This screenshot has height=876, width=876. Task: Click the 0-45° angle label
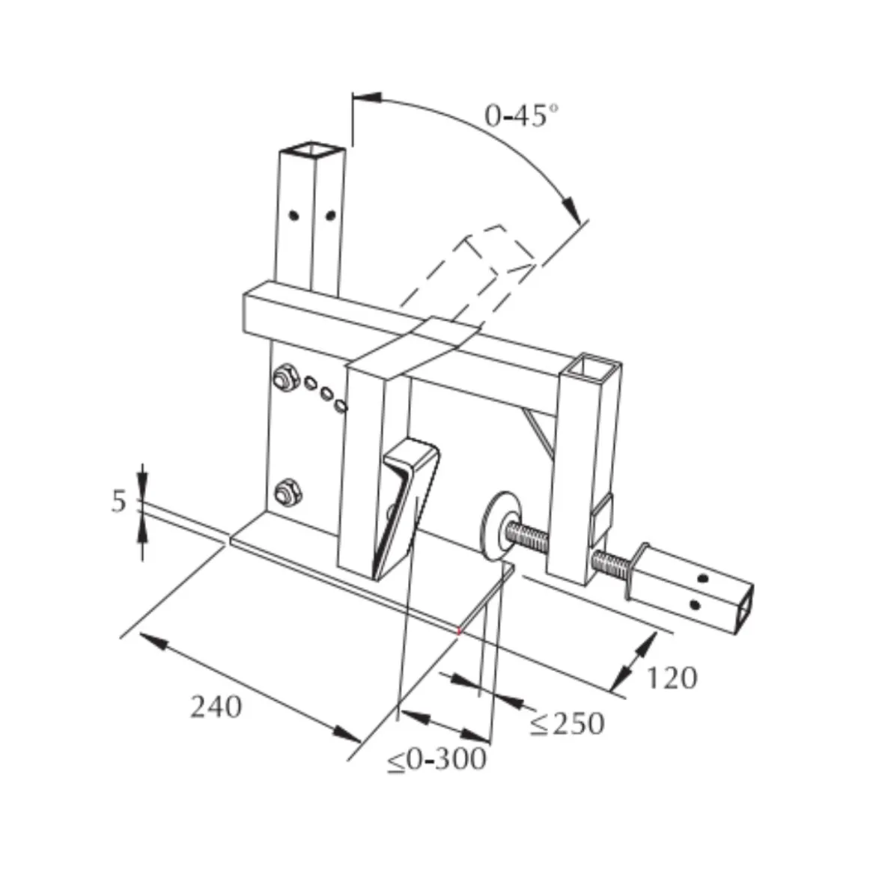[521, 115]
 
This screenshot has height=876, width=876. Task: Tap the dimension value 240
[216, 707]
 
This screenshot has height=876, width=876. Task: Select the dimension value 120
[672, 678]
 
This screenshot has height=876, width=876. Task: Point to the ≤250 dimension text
[567, 723]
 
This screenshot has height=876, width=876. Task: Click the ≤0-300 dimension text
[437, 759]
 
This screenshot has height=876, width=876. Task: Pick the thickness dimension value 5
[119, 501]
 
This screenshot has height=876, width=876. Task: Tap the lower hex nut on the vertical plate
[288, 493]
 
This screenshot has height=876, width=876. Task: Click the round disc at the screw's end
[499, 524]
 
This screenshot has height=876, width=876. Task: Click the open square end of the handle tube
[743, 610]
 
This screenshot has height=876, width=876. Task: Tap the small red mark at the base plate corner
[459, 631]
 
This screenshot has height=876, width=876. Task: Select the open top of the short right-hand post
[592, 365]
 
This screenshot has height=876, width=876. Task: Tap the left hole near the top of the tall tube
[293, 215]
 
